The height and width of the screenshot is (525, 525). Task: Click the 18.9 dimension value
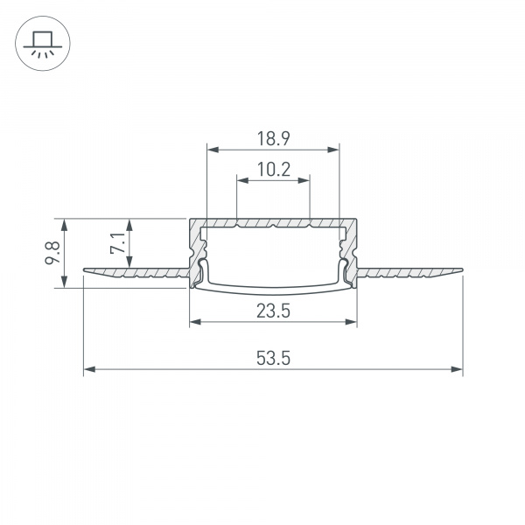tap(273, 137)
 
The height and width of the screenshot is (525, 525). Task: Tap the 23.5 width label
tap(273, 310)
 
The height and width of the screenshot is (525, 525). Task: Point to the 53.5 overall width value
tap(273, 358)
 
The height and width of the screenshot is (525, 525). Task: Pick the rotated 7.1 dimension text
tap(117, 242)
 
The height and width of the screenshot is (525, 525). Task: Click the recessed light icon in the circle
tap(41, 43)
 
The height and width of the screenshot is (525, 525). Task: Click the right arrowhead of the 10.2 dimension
tap(305, 180)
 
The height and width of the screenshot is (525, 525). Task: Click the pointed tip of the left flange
tap(86, 269)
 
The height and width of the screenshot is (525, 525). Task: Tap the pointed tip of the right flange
tap(460, 269)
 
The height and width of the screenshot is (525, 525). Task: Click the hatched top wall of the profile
tap(273, 222)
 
